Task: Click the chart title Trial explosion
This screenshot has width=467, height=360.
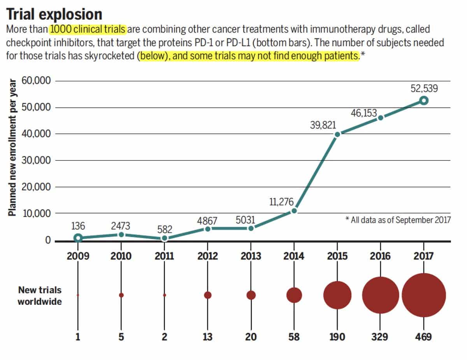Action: [x=54, y=14]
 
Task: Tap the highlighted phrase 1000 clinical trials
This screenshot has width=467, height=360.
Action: [x=88, y=30]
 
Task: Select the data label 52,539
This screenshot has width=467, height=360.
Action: [x=424, y=88]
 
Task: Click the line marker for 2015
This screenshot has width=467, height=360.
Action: [x=337, y=134]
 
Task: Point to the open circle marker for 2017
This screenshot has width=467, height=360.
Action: [x=424, y=101]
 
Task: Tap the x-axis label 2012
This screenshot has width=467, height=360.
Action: [x=207, y=256]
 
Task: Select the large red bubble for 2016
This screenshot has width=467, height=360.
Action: [x=381, y=295]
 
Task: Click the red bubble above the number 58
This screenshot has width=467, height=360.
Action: [x=294, y=295]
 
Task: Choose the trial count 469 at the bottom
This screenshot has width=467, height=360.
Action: [x=423, y=337]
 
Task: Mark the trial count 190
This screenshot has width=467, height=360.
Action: [x=337, y=337]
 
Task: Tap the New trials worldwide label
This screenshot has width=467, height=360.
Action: [x=39, y=295]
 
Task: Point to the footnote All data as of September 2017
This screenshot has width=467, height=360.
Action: [x=398, y=220]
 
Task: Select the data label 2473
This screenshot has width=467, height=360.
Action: [x=121, y=226]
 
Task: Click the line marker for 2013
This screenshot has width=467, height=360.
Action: [x=251, y=228]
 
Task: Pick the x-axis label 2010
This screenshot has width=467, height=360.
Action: [x=121, y=256]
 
